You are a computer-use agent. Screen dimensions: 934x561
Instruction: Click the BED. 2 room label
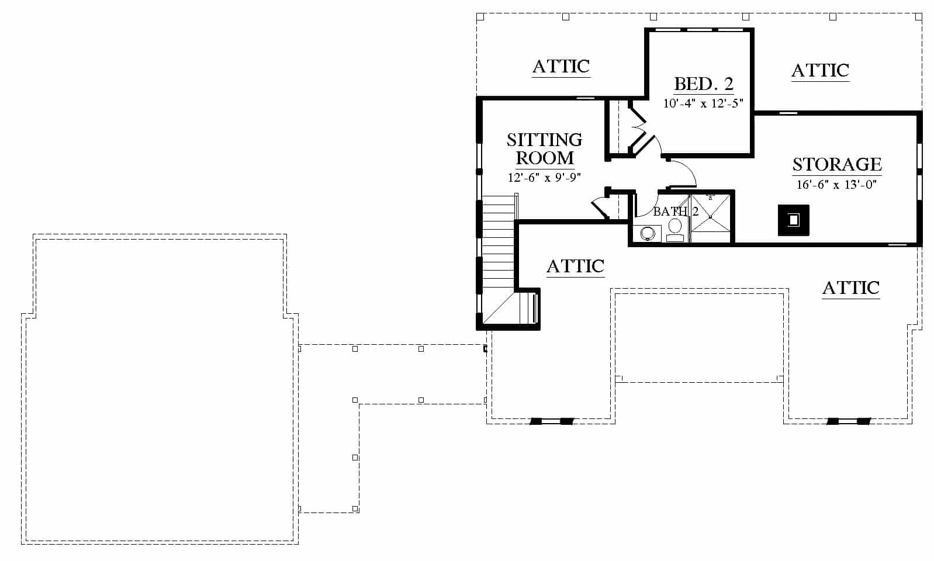click(x=703, y=84)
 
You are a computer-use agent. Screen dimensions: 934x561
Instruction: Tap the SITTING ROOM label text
click(x=545, y=149)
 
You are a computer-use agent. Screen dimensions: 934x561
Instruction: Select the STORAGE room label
click(x=837, y=164)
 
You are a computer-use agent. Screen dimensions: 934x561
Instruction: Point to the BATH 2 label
click(x=676, y=212)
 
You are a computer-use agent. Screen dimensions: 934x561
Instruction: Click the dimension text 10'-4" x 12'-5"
click(x=703, y=103)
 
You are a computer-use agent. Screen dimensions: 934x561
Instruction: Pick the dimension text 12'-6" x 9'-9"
click(x=544, y=178)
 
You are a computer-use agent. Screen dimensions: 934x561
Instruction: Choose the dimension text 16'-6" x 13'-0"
click(x=836, y=184)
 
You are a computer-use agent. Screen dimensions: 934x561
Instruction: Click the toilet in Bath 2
click(x=675, y=230)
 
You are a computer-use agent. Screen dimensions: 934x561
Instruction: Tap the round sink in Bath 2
click(x=648, y=233)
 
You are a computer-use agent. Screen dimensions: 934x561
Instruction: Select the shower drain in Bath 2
click(x=711, y=217)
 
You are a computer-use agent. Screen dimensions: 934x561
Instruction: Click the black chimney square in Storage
click(x=794, y=220)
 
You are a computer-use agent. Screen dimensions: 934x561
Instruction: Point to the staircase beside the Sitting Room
click(x=499, y=258)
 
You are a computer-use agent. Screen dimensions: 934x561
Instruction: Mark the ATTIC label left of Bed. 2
click(x=561, y=66)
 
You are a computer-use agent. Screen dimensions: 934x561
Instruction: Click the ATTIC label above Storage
click(x=821, y=71)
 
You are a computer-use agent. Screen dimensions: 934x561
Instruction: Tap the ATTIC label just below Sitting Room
click(x=575, y=266)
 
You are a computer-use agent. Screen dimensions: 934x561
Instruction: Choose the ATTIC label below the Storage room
click(x=851, y=288)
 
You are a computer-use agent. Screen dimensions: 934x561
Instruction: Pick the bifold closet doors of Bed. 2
click(x=638, y=129)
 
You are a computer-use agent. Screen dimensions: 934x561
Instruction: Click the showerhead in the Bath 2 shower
click(x=711, y=196)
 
